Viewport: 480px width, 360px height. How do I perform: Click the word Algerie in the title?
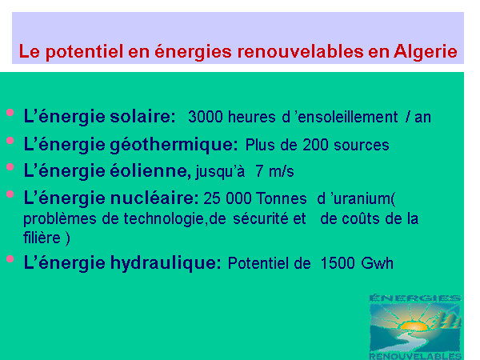(426, 52)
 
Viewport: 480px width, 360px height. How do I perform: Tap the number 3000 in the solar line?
(206, 117)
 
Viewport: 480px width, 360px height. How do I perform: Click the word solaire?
(142, 116)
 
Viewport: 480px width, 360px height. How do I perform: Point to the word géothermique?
(174, 145)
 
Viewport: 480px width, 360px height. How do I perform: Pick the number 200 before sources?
(315, 145)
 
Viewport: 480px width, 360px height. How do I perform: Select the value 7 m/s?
(274, 171)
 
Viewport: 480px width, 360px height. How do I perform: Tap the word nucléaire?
(154, 198)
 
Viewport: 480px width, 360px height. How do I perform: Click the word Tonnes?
(281, 198)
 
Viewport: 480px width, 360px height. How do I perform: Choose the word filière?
(42, 238)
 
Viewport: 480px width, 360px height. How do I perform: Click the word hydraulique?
(166, 263)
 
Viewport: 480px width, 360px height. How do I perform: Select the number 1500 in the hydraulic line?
(338, 263)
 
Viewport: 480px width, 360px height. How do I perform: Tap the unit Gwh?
(377, 263)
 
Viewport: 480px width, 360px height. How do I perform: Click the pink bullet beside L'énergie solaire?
(10, 112)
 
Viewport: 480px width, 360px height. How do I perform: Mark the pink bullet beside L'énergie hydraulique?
(10, 259)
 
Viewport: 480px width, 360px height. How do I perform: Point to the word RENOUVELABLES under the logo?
(415, 356)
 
